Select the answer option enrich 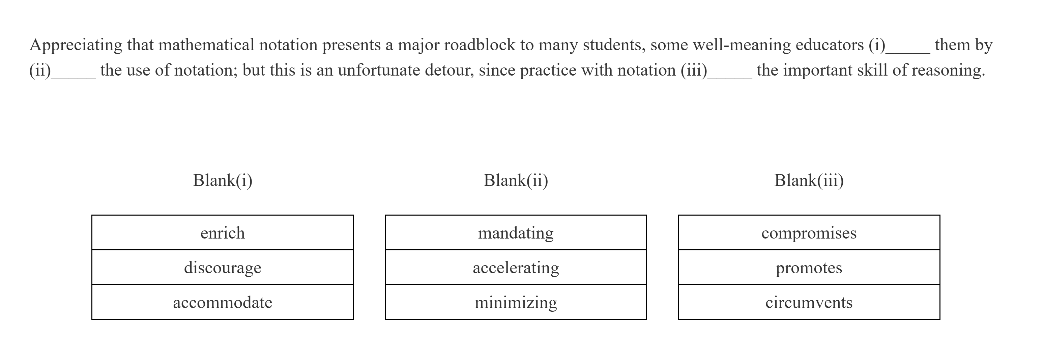223,233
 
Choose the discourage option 223,268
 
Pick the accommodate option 223,302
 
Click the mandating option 516,233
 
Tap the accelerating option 516,268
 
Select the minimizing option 516,302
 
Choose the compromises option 809,233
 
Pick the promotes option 809,268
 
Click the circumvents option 809,302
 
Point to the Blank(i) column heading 223,181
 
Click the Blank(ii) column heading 516,181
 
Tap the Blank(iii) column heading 809,181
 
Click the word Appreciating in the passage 76,45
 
